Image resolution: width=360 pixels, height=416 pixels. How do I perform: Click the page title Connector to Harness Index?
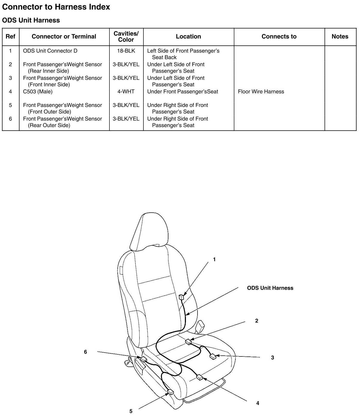(56, 7)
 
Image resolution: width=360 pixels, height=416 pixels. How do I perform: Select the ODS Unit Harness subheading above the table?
(31, 20)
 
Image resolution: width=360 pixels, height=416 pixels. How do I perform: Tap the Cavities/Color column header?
(126, 37)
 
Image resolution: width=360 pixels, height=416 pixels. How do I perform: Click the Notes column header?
(340, 37)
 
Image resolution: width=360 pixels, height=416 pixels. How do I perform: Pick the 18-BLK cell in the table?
(126, 51)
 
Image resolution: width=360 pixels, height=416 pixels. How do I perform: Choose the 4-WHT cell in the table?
(126, 91)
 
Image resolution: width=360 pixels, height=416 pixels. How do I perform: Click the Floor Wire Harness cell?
(261, 91)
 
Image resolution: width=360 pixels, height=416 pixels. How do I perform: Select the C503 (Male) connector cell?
(38, 91)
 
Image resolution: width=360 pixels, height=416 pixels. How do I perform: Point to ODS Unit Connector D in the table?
(50, 51)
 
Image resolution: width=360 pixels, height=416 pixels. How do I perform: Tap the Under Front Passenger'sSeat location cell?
(183, 91)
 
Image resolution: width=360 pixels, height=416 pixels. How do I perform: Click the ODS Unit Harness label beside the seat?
(270, 288)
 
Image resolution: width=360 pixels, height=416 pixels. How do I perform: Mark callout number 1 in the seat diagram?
(214, 260)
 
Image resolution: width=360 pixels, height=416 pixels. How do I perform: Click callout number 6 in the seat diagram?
(85, 352)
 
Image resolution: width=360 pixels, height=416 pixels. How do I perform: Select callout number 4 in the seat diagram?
(258, 403)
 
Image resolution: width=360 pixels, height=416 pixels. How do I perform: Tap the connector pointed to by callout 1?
(181, 297)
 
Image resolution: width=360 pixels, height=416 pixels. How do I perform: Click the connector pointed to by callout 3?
(213, 357)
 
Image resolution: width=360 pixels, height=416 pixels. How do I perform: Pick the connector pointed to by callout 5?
(170, 393)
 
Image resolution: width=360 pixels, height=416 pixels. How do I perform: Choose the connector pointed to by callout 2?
(188, 342)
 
